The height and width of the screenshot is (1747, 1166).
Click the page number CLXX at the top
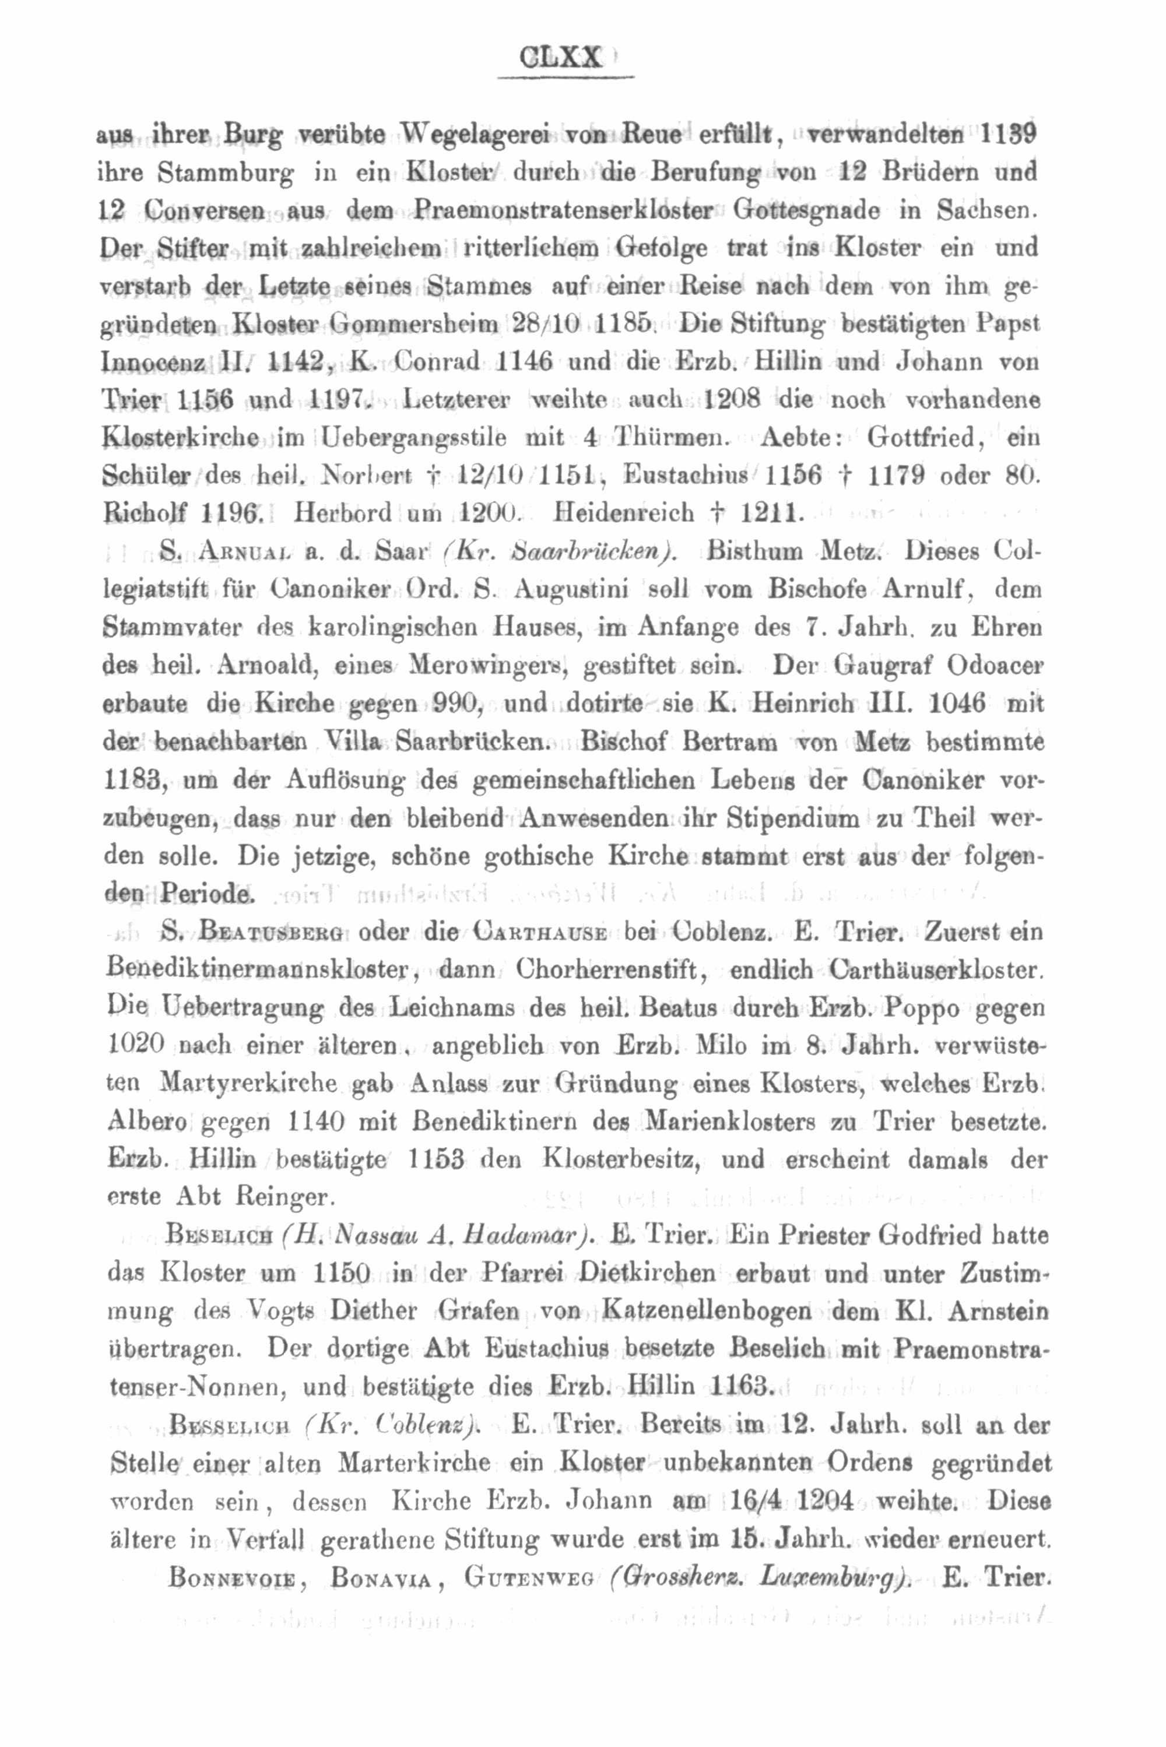pyautogui.click(x=561, y=58)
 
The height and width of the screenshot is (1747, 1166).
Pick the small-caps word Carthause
pyautogui.click(x=540, y=932)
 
